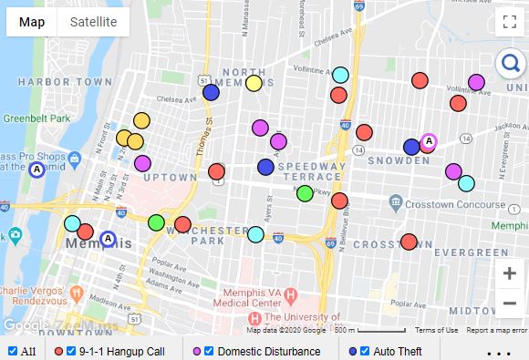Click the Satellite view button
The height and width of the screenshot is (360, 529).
(94, 22)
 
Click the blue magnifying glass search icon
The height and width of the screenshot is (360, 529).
(509, 63)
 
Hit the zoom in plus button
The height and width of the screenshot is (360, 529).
(509, 273)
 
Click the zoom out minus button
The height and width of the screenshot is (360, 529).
(509, 303)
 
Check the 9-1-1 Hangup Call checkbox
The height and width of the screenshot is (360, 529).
(71, 351)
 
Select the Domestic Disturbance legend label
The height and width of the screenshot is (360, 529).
(269, 351)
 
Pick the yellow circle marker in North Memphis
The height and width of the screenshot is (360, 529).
(254, 84)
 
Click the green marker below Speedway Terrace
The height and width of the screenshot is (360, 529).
(305, 193)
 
